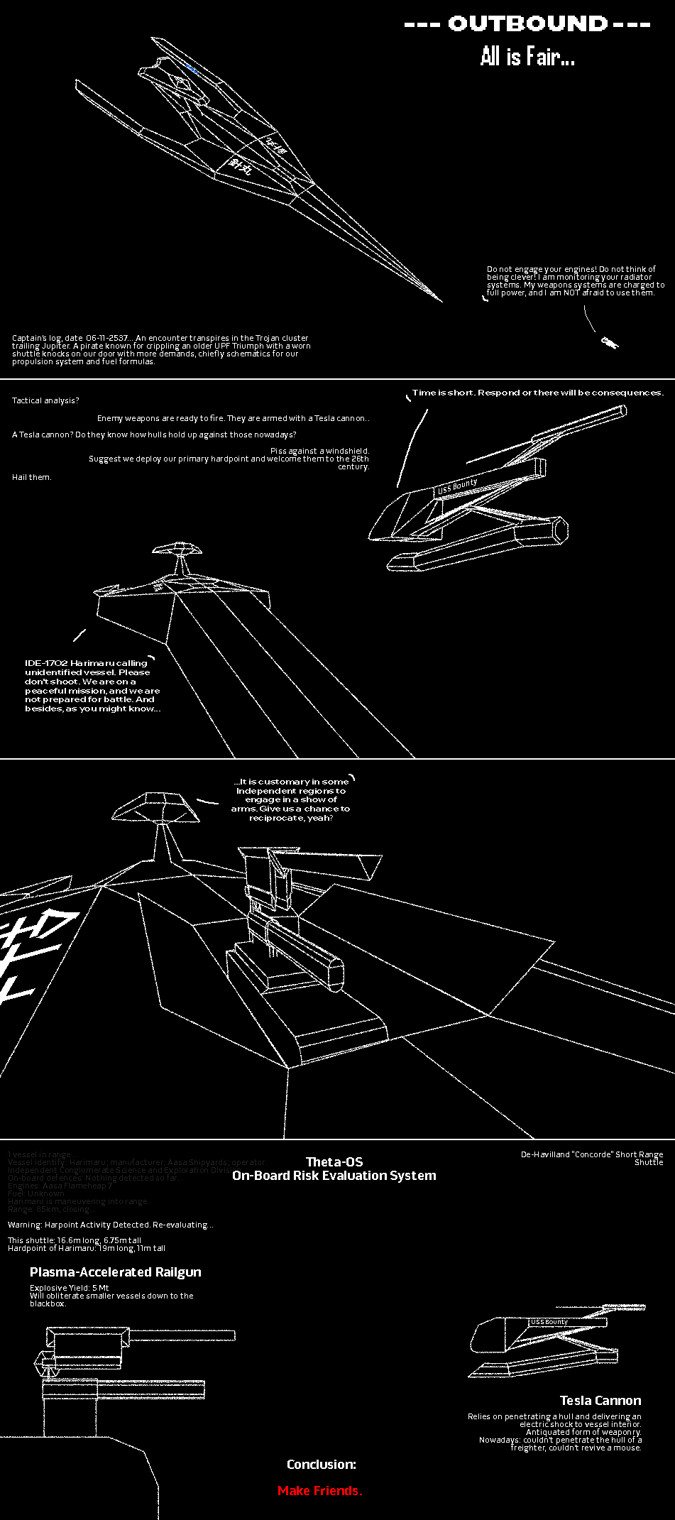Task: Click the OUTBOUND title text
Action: point(527,24)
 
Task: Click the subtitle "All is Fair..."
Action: point(527,57)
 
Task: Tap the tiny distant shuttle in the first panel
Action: point(609,342)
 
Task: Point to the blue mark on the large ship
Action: point(192,69)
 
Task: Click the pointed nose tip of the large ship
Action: point(440,300)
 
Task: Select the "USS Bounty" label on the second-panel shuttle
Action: point(457,486)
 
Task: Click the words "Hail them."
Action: point(32,477)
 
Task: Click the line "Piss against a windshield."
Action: point(319,451)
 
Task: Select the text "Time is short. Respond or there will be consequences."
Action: point(537,393)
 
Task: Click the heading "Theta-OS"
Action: point(334,1162)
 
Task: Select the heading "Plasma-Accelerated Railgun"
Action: point(116,1272)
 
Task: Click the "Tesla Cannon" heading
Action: point(600,1401)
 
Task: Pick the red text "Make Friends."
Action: point(319,1491)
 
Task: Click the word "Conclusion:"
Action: point(322,1465)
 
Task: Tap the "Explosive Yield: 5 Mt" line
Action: point(70,1288)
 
